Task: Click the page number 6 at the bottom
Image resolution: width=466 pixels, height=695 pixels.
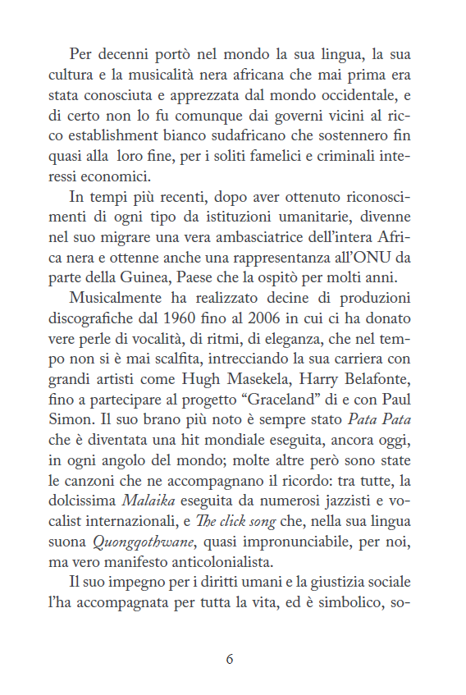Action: [230, 659]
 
